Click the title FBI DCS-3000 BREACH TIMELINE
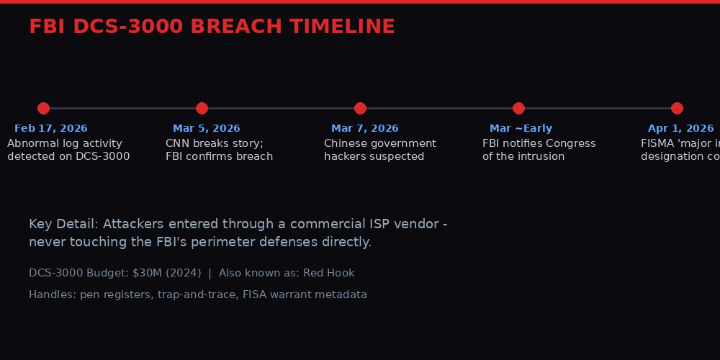click(212, 27)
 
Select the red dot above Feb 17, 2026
click(43, 108)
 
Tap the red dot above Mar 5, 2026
click(202, 108)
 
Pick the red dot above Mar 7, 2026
click(360, 108)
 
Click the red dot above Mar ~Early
click(518, 108)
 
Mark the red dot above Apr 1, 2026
click(677, 108)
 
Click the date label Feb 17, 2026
click(50, 129)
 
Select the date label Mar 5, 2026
click(206, 129)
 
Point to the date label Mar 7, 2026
click(364, 129)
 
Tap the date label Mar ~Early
click(521, 129)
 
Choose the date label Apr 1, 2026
click(680, 129)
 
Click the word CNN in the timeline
click(177, 143)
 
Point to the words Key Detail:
click(64, 224)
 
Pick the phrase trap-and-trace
click(197, 294)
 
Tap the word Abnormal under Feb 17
click(33, 143)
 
